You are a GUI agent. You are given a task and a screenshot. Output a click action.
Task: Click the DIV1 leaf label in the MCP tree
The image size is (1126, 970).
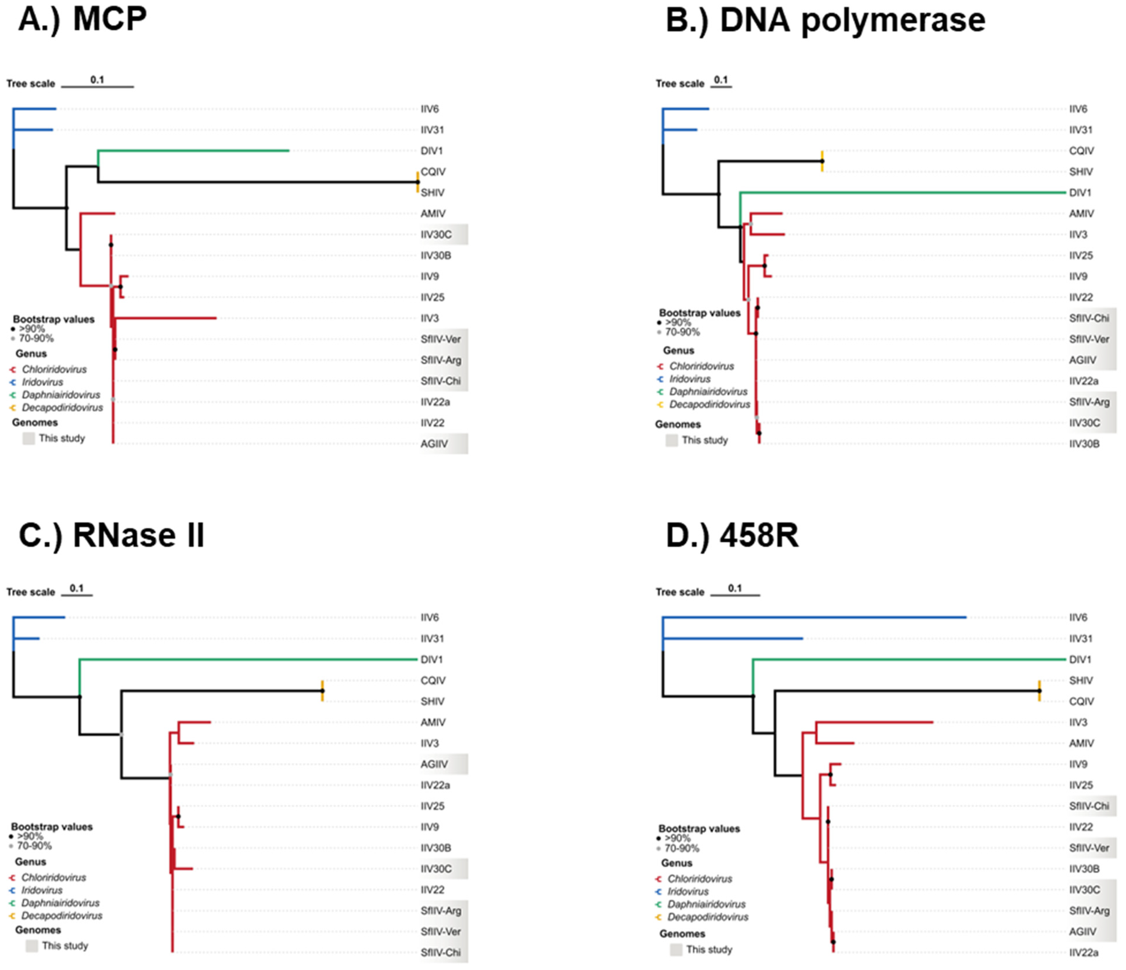(x=431, y=150)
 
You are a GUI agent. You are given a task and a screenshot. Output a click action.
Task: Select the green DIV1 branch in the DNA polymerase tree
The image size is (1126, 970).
(x=902, y=193)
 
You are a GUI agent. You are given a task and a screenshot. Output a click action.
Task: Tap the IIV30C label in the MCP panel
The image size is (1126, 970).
(x=436, y=234)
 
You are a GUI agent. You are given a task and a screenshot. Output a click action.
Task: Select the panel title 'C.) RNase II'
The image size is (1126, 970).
(x=111, y=535)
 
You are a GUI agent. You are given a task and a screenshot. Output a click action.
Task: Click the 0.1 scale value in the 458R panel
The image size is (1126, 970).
(x=735, y=588)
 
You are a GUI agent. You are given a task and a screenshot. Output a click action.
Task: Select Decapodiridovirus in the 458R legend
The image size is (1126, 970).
(x=707, y=917)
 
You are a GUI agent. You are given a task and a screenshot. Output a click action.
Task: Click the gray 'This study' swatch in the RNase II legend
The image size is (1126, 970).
(x=32, y=946)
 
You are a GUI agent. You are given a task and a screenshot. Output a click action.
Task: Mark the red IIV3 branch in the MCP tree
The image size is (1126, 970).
(x=166, y=318)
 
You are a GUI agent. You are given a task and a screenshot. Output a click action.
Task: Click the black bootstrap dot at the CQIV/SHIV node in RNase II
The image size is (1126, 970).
(x=322, y=691)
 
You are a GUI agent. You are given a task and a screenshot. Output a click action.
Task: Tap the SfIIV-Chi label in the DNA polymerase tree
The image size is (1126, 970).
(x=1089, y=318)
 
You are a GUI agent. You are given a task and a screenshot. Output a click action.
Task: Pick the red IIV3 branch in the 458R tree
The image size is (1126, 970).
(x=875, y=722)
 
